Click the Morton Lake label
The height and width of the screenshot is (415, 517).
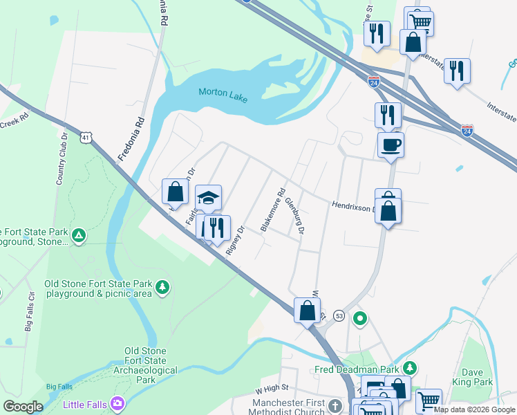pos(223,93)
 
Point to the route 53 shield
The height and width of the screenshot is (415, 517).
pos(339,315)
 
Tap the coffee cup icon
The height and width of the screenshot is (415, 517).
pos(391,145)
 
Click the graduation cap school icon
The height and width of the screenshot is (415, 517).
pos(208,198)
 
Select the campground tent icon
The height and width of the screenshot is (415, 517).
pos(79,236)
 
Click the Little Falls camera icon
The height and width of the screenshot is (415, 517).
pos(117,403)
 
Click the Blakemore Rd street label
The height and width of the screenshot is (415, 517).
pos(272,211)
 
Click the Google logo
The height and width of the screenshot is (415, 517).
pos(23,407)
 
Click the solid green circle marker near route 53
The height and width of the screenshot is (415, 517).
pos(359,319)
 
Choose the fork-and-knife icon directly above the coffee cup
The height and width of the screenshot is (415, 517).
pos(388,114)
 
